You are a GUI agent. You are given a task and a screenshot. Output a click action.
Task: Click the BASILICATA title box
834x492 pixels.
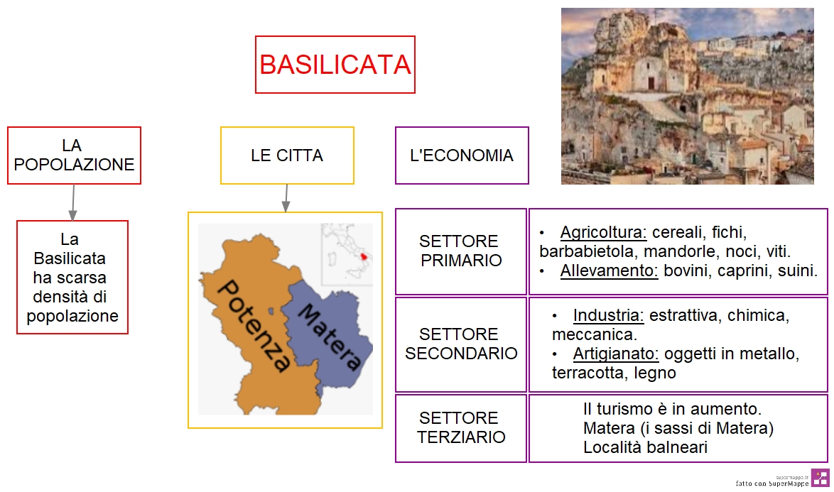[x=335, y=65]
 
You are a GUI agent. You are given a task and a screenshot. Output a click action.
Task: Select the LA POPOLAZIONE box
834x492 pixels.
[x=74, y=155]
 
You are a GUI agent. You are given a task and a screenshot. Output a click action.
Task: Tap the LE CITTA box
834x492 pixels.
[x=287, y=155]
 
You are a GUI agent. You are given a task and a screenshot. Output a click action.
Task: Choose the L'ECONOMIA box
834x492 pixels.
[x=462, y=155]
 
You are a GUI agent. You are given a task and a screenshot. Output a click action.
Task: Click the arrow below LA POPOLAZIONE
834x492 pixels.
[x=73, y=202]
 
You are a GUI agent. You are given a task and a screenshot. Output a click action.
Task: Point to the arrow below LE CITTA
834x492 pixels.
[x=286, y=198]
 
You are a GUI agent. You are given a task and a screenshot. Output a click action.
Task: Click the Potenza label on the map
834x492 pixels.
[x=254, y=325]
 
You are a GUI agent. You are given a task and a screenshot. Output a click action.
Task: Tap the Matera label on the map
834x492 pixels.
[x=330, y=337]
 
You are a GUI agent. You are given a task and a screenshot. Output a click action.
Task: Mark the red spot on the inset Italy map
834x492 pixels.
[x=364, y=257]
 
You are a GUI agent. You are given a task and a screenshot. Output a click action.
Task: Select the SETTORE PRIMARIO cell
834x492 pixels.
[x=461, y=251]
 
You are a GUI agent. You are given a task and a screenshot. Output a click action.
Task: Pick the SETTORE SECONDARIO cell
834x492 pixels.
[x=461, y=344]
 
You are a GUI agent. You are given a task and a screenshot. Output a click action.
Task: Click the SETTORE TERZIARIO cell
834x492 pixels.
[x=461, y=427]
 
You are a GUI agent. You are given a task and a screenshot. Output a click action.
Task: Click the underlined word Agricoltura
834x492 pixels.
[x=603, y=233]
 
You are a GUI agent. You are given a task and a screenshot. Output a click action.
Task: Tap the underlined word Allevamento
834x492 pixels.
[x=609, y=271]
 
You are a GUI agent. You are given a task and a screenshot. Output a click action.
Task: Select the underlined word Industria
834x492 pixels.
[x=609, y=316]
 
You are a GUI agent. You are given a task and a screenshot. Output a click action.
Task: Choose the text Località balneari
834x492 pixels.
[x=645, y=447]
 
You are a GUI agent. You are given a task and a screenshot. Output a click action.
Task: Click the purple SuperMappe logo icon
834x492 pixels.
[x=821, y=478]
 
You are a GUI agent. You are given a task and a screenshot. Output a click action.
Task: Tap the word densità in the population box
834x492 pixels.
[x=70, y=297]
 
